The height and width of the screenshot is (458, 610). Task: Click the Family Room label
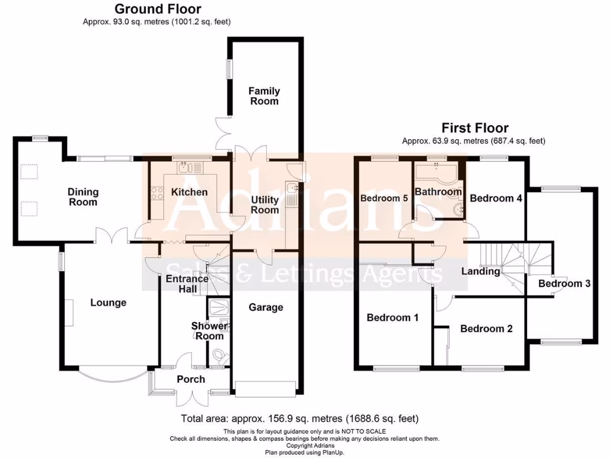tap(264, 96)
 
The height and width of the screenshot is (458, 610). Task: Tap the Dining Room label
tap(83, 197)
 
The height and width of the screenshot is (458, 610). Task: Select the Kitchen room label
tap(189, 192)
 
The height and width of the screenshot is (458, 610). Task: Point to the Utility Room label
tap(265, 205)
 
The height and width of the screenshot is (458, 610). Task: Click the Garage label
tap(266, 307)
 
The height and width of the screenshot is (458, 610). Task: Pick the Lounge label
tap(108, 302)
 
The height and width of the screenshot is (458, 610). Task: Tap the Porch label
tap(191, 379)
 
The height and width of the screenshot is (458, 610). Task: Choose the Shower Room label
tap(209, 331)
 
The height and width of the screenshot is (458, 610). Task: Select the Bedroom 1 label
tap(392, 317)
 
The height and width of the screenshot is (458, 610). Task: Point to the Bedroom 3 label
tap(564, 284)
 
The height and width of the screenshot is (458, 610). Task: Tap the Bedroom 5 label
tap(384, 199)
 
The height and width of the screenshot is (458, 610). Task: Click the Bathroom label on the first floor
tap(438, 191)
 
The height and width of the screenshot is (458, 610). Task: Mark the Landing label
tap(481, 271)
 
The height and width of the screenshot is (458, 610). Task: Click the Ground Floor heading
tap(157, 9)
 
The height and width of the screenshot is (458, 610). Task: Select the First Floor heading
tap(475, 128)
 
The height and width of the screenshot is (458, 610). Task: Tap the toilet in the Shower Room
tap(220, 357)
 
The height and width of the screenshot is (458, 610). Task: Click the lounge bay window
tap(111, 375)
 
